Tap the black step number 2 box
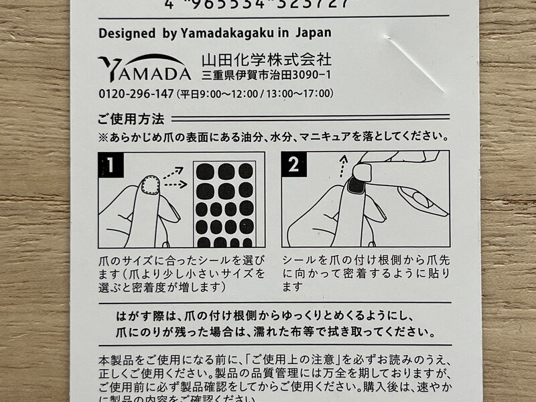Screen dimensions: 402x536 (x=293, y=163)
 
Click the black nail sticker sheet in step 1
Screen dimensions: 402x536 (x=224, y=204)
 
